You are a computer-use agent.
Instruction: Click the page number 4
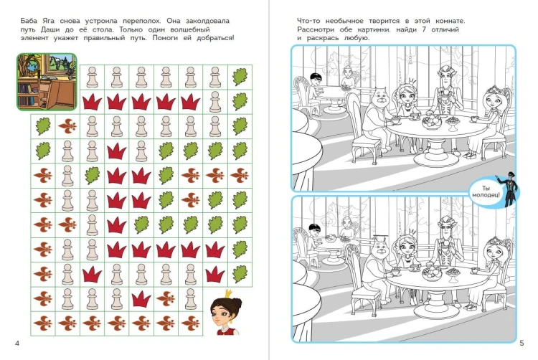point(17,344)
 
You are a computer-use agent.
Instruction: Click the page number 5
point(522,343)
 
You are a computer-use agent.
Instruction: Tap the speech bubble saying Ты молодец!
point(486,191)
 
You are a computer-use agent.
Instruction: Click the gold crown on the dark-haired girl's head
point(227,293)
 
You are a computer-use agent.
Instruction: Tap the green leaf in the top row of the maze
point(240,77)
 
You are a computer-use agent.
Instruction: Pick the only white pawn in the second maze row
point(215,102)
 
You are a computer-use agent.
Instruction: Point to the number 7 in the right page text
point(424,29)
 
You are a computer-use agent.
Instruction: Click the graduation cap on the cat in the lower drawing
point(379,237)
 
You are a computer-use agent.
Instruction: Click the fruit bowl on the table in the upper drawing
point(433,122)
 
